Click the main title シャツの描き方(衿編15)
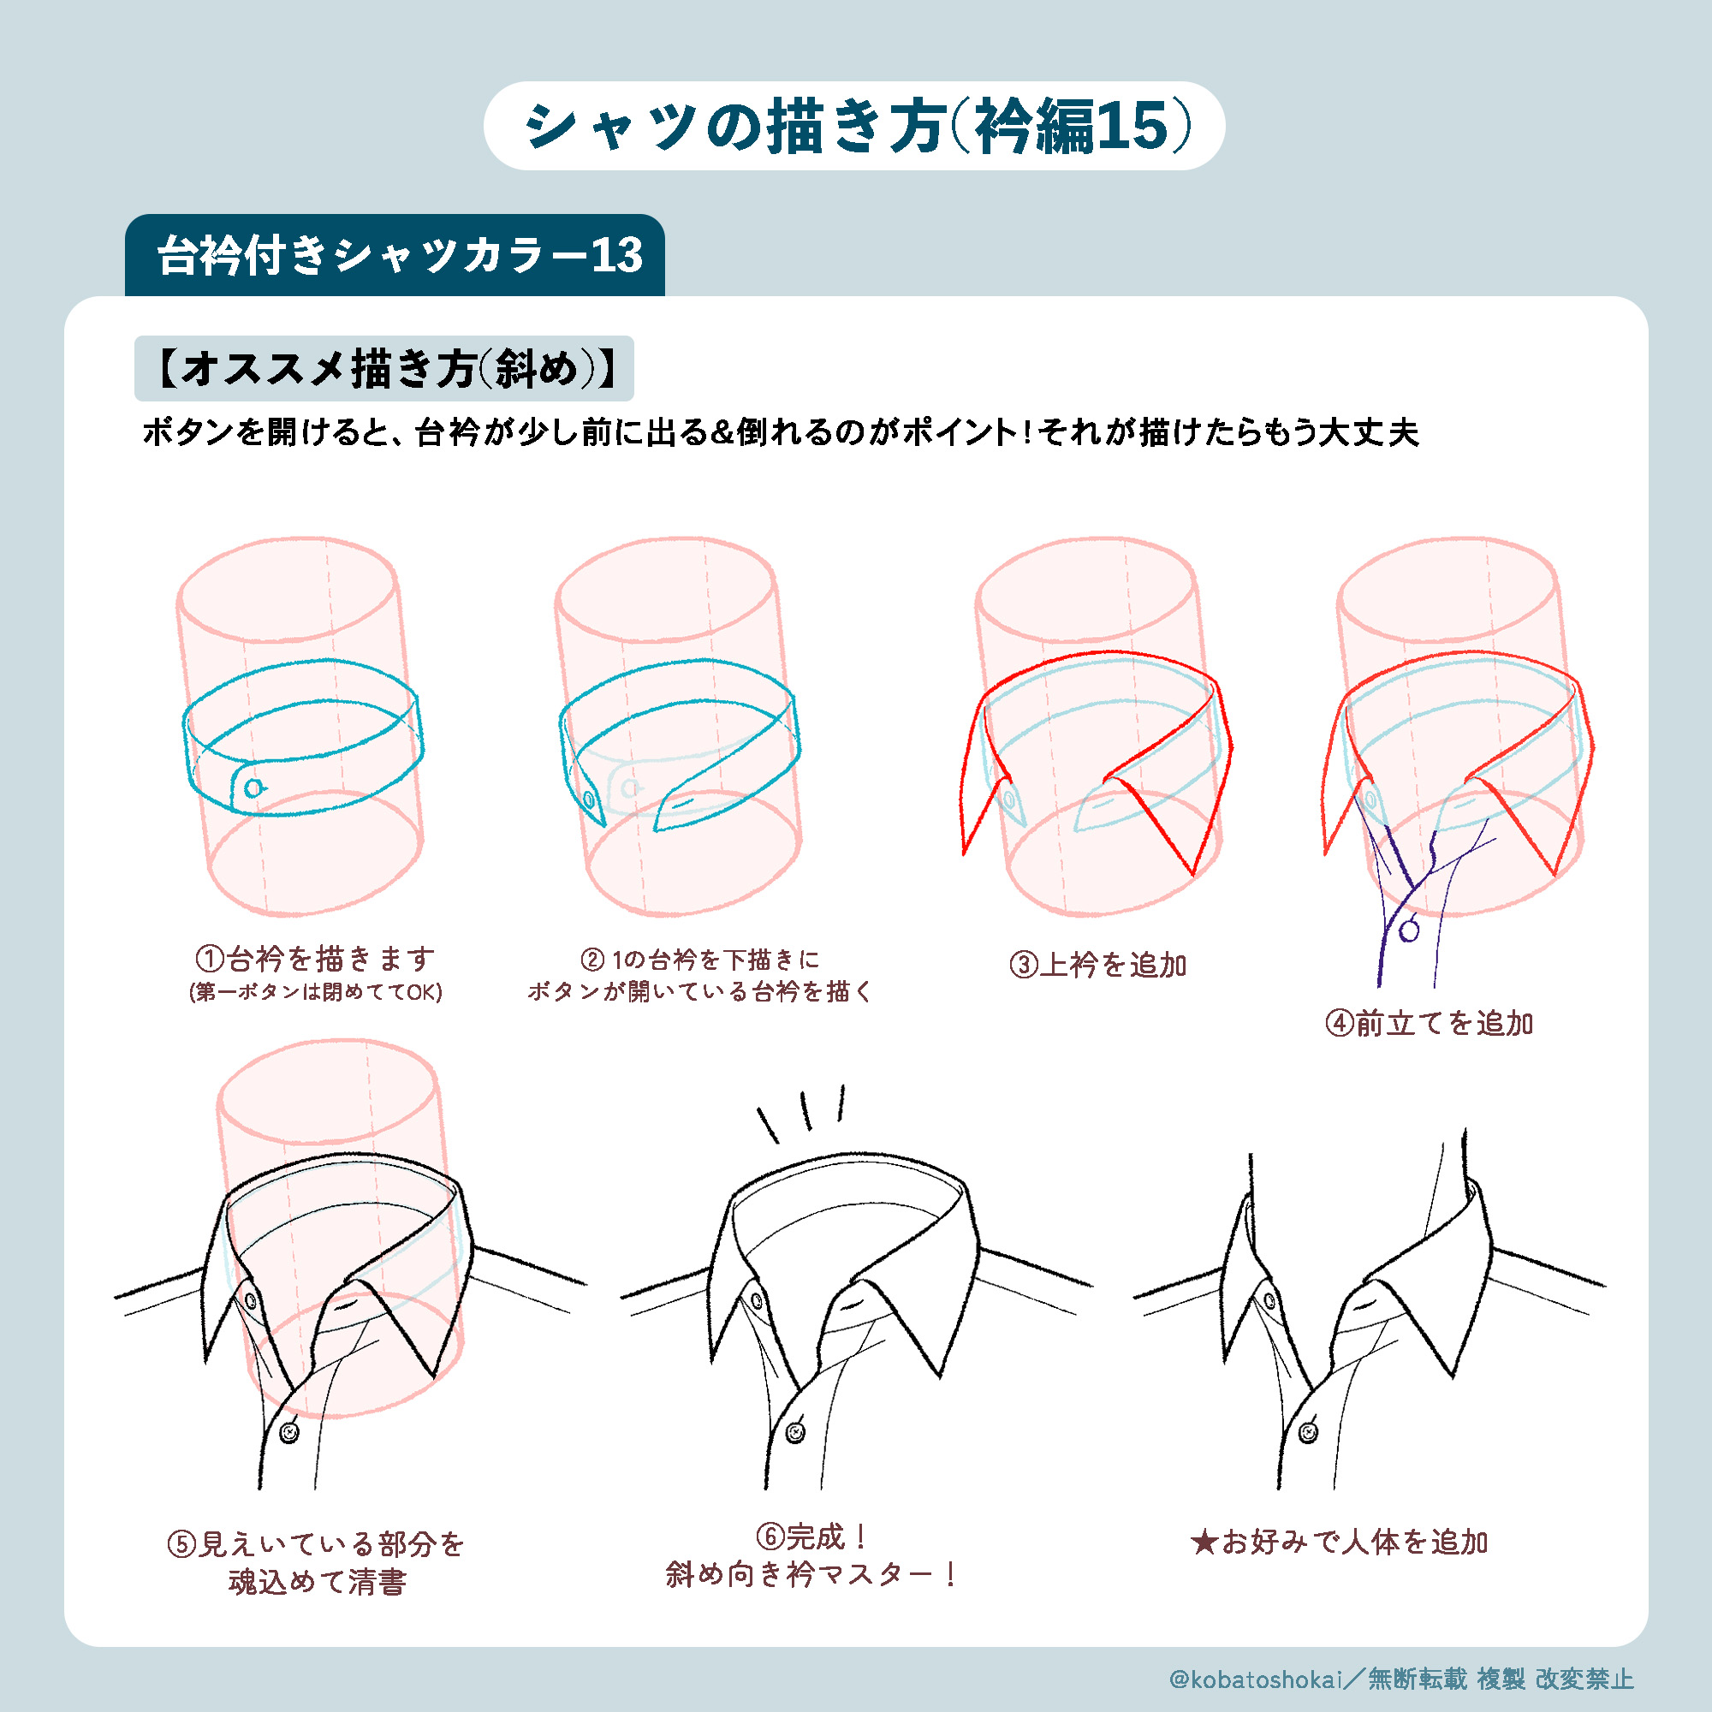[x=856, y=126]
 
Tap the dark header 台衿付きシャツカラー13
[x=399, y=255]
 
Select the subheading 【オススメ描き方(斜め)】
[x=384, y=369]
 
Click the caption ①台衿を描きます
[x=316, y=959]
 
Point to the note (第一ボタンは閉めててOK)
[x=316, y=991]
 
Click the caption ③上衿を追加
[x=1098, y=965]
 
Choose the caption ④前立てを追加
[x=1430, y=1024]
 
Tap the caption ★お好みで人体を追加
[x=1339, y=1543]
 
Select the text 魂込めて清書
[x=318, y=1582]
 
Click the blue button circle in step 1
[x=254, y=788]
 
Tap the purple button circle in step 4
[x=1409, y=930]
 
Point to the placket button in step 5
[x=288, y=1433]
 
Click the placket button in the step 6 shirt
[x=796, y=1433]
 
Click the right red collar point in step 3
[x=1193, y=876]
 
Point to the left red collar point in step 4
[x=1325, y=854]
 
